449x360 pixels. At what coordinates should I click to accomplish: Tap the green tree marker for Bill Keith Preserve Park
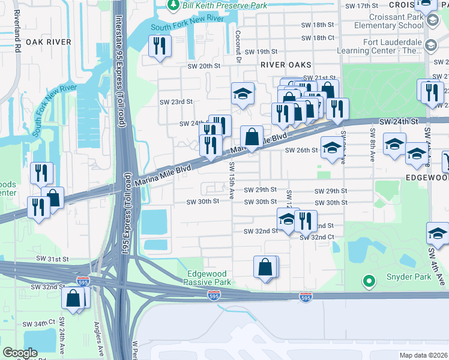[x=173, y=5]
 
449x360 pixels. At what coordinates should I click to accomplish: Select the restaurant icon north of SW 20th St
[x=160, y=47]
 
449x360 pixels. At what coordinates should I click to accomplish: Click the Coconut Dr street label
[x=238, y=47]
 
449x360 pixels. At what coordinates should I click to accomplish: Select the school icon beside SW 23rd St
[x=243, y=94]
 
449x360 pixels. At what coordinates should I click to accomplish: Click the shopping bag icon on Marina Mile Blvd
[x=251, y=136]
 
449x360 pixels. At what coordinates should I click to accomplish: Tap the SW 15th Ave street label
[x=231, y=180]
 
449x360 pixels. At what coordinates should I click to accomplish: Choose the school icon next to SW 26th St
[x=331, y=148]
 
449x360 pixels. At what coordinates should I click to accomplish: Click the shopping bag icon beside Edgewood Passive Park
[x=265, y=267]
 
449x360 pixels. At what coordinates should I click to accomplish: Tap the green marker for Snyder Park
[x=369, y=280]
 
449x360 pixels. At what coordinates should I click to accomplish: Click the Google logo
[x=20, y=353]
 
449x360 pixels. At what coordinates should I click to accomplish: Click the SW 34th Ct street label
[x=40, y=323]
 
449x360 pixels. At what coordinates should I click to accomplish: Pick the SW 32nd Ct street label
[x=316, y=238]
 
